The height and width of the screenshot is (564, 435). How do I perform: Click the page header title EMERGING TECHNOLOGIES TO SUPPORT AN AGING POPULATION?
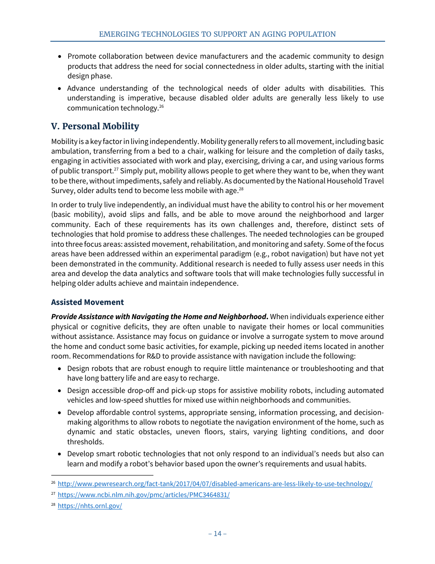217,34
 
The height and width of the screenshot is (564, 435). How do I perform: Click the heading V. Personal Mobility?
95,126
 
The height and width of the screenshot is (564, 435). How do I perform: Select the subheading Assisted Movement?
87,302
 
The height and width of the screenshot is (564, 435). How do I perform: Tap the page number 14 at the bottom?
217,533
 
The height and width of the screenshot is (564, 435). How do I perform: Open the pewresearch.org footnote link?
215,484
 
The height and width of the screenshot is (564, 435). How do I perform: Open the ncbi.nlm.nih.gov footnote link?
143,495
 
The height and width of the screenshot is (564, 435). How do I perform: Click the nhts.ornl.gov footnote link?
90,506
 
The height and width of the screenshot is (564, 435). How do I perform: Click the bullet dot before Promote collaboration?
60,56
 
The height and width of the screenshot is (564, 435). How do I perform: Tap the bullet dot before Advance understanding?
60,88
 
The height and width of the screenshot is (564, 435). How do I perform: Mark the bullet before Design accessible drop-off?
60,391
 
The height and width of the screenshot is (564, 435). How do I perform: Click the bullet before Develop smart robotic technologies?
60,454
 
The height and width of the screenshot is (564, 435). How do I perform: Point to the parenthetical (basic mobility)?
77,215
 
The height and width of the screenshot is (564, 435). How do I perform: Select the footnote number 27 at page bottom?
53,494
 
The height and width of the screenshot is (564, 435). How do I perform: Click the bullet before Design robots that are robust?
60,369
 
